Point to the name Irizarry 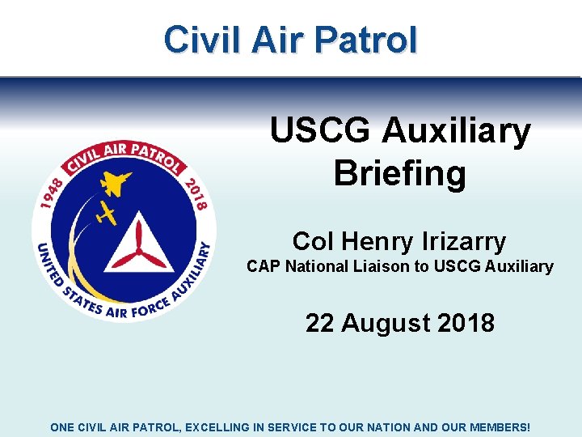[464, 241]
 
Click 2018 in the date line [466, 323]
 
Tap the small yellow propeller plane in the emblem [106, 213]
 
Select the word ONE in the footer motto [62, 426]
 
